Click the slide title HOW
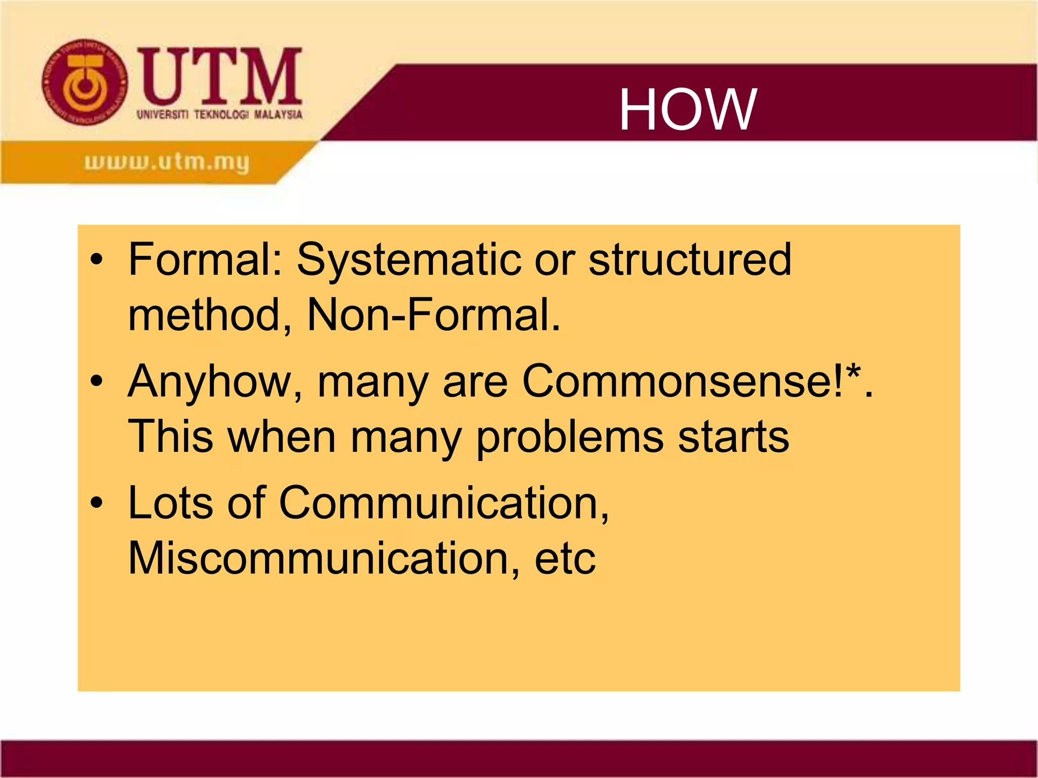tap(688, 109)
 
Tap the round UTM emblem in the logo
tap(85, 83)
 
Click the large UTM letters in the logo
tap(220, 76)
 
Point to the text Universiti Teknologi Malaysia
tap(219, 114)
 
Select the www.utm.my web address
tap(167, 163)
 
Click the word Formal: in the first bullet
tap(205, 259)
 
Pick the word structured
tap(689, 259)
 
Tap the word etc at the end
tap(565, 559)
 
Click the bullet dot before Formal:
tap(96, 260)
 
